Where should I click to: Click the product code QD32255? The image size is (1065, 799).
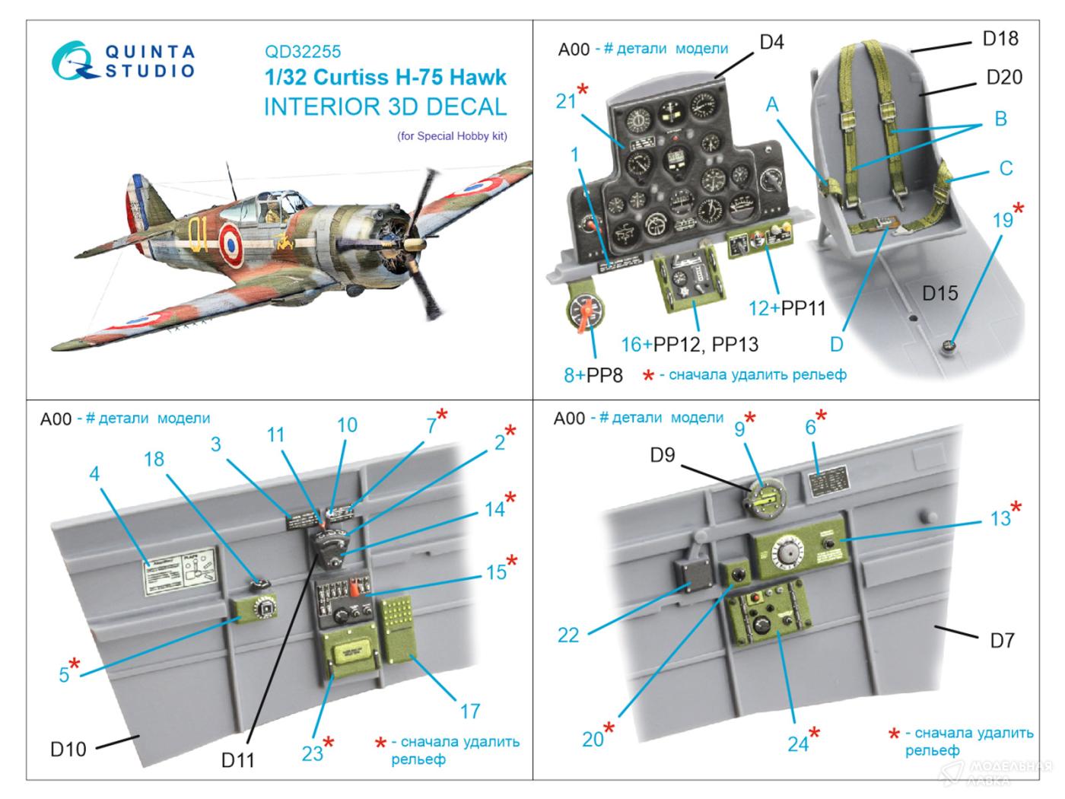click(x=302, y=52)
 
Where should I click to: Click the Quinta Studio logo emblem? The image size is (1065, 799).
click(x=74, y=59)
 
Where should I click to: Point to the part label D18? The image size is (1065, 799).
click(x=1000, y=38)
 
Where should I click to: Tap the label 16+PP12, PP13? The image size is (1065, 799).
click(x=689, y=345)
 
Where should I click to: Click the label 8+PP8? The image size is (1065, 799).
click(x=593, y=374)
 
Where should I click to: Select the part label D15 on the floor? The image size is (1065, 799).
click(x=939, y=293)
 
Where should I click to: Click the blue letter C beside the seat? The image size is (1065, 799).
click(x=1006, y=168)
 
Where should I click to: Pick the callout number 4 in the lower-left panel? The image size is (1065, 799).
click(x=94, y=474)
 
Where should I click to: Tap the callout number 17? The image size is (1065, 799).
click(x=469, y=711)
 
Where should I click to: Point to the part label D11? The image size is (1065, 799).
click(x=237, y=759)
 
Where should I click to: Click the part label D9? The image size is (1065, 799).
click(x=662, y=455)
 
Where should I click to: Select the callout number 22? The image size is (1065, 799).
click(x=567, y=635)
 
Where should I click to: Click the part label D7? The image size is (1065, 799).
click(x=1002, y=641)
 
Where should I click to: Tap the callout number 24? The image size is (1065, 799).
click(x=797, y=743)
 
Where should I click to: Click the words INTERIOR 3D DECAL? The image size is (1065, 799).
click(x=385, y=107)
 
